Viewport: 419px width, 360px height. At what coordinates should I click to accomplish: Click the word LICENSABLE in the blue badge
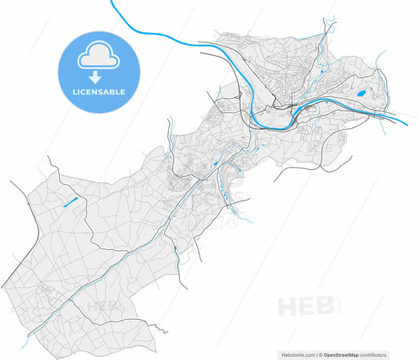coord(97,92)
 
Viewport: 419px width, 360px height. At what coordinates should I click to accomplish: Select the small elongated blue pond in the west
coord(70,202)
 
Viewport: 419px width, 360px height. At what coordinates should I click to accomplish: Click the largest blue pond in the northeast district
coord(361,94)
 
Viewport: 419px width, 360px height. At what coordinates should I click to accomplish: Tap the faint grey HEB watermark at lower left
coord(103,305)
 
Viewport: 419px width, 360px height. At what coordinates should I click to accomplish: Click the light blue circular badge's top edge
coord(97,32)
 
